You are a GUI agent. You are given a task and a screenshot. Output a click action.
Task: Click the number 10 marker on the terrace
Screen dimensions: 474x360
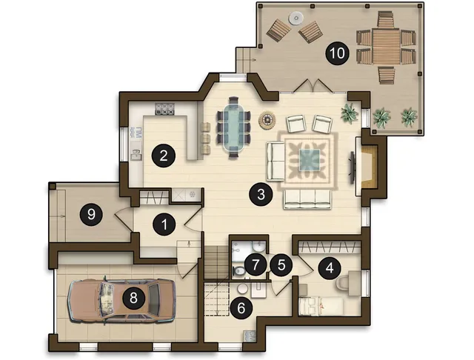pyautogui.click(x=337, y=53)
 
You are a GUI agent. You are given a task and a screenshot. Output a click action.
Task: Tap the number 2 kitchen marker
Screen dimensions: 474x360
pyautogui.click(x=164, y=156)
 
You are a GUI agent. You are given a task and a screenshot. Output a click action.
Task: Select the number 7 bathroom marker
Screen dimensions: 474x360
pyautogui.click(x=256, y=265)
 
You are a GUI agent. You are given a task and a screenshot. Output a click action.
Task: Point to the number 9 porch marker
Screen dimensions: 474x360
pyautogui.click(x=91, y=214)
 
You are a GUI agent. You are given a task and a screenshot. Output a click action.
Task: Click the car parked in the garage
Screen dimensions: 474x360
pyautogui.click(x=121, y=301)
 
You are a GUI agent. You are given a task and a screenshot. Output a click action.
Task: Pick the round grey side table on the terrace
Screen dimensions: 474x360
pyautogui.click(x=296, y=18)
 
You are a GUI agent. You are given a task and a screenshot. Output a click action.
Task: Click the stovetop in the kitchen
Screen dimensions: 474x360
pyautogui.click(x=164, y=109)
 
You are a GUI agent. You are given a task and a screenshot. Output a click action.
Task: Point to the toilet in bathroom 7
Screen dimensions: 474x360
pyautogui.click(x=239, y=270)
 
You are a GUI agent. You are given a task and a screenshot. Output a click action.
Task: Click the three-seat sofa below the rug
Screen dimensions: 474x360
pyautogui.click(x=307, y=199)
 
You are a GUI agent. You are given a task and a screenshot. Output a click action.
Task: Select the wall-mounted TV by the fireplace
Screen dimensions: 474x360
pyautogui.click(x=353, y=167)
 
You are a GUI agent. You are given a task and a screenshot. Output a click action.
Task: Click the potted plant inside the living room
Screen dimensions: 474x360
pyautogui.click(x=350, y=113)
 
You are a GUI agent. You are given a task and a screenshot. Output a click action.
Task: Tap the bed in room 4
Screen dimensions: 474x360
pyautogui.click(x=321, y=306)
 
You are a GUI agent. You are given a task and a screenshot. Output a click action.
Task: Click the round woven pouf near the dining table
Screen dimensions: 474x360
pyautogui.click(x=267, y=120)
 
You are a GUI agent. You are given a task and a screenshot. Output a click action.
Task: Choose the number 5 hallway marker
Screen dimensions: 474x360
pyautogui.click(x=281, y=265)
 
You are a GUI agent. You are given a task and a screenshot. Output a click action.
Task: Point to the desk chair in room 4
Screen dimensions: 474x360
pyautogui.click(x=342, y=284)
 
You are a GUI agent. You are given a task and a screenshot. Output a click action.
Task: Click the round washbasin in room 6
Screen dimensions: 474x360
pyautogui.click(x=242, y=289)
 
